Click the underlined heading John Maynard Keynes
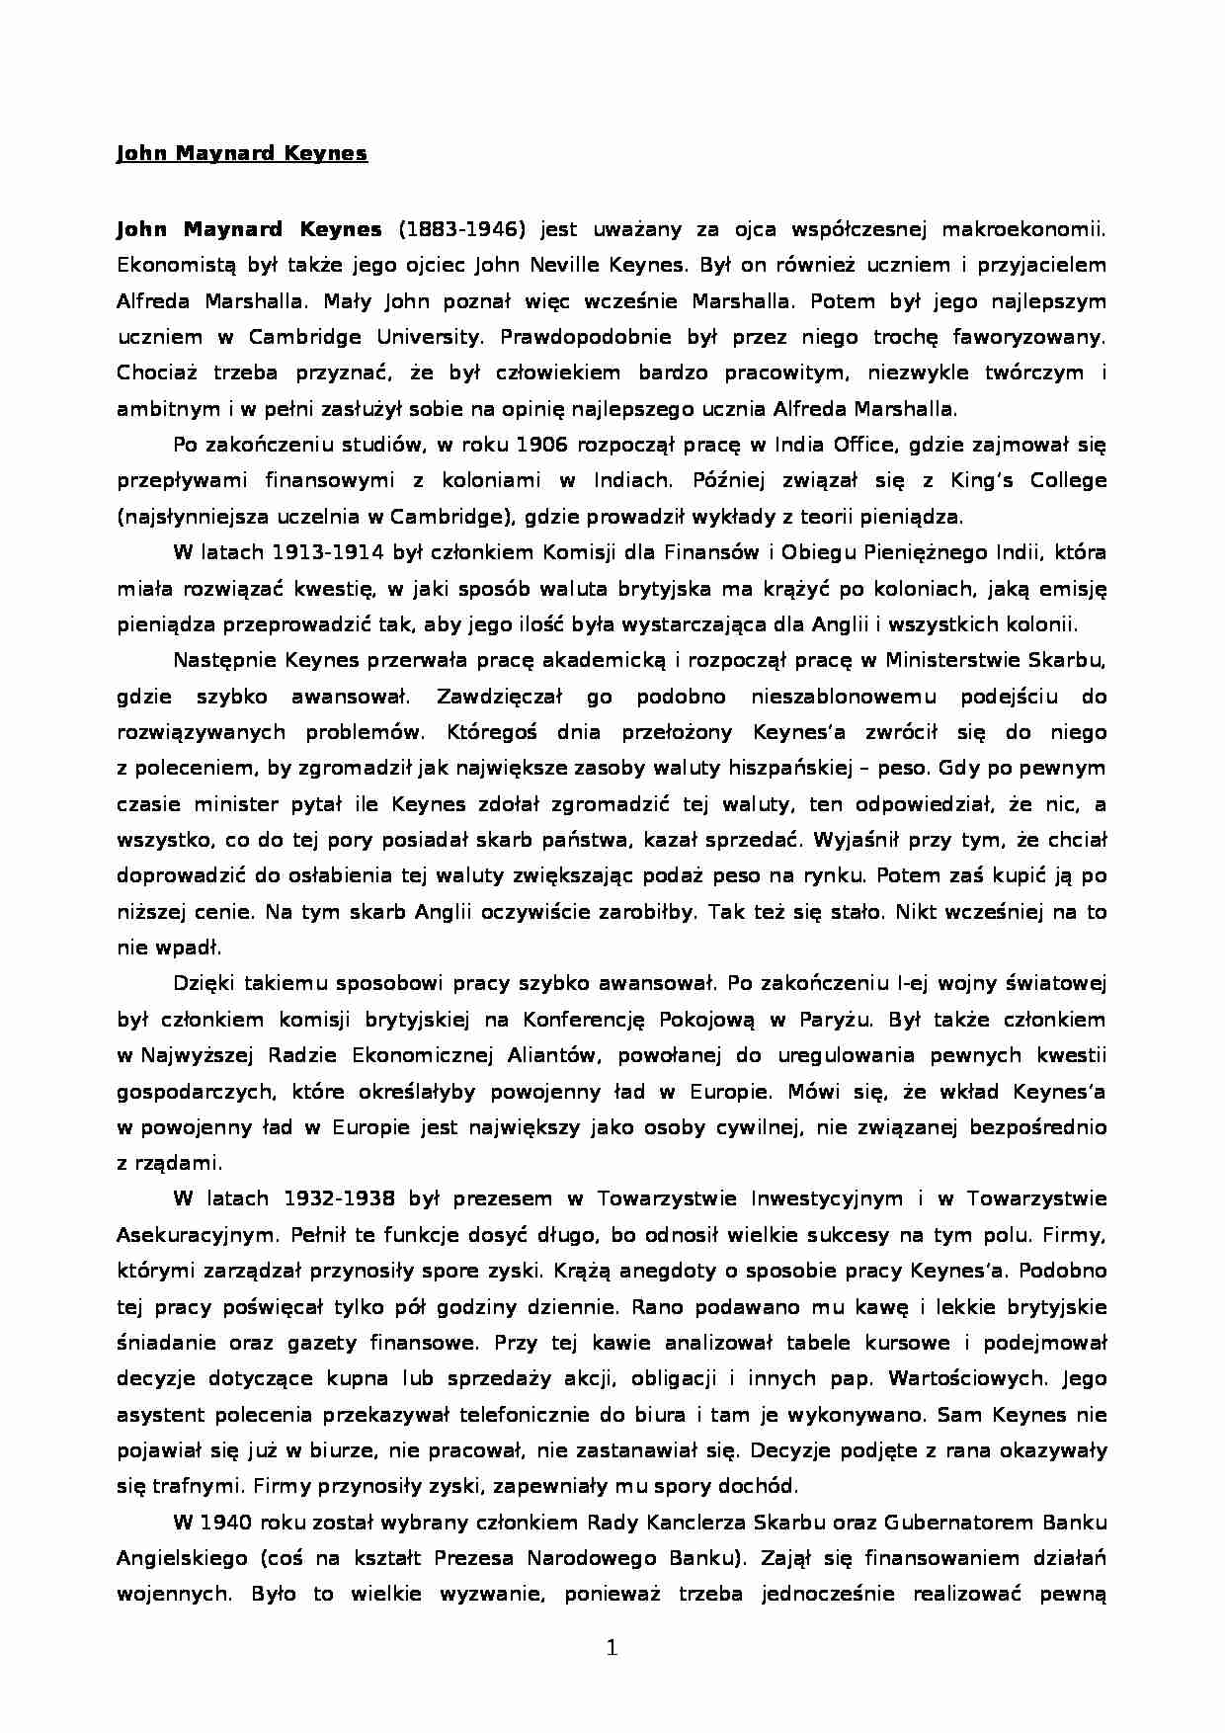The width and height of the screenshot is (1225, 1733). click(242, 153)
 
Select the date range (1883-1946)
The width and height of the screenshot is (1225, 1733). click(461, 229)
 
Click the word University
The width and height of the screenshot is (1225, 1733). click(430, 337)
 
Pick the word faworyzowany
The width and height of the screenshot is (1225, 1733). click(1029, 337)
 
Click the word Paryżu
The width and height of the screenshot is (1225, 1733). click(835, 1020)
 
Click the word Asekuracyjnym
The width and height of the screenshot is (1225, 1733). click(194, 1235)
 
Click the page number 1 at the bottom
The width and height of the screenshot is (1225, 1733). click(612, 1647)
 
